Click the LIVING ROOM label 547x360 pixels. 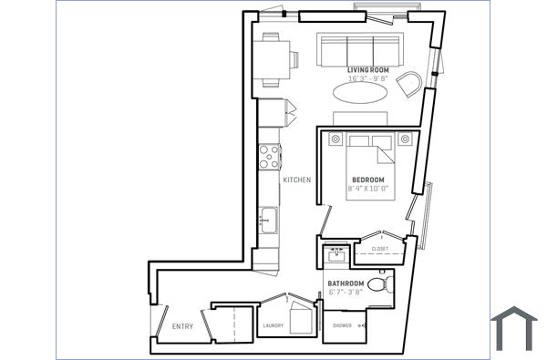[x=367, y=69]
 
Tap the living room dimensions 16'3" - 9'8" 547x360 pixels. [x=367, y=78]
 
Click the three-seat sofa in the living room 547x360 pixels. [x=360, y=51]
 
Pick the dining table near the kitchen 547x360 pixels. [x=272, y=57]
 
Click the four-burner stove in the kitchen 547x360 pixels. [x=269, y=159]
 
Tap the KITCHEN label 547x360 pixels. [x=297, y=180]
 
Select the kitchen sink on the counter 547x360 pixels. [x=268, y=221]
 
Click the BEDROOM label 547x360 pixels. [x=368, y=179]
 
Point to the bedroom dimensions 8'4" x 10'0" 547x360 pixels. [x=368, y=189]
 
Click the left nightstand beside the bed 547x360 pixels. [x=335, y=139]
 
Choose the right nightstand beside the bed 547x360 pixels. [x=403, y=139]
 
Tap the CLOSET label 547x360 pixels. [x=379, y=249]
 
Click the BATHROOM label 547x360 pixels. [x=346, y=283]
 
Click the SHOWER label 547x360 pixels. [x=343, y=325]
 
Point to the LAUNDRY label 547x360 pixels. [x=273, y=325]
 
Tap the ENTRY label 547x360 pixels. [x=182, y=325]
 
